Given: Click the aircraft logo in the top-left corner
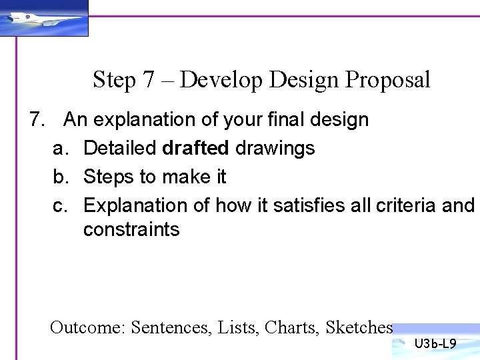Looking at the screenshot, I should click(43, 19).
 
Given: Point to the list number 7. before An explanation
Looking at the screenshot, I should click(38, 120).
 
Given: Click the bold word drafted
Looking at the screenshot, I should click(196, 148).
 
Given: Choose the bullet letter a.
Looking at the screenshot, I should click(60, 148).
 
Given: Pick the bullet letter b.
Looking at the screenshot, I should click(60, 177).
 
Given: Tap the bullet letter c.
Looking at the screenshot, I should click(60, 205).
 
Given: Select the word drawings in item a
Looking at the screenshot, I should click(275, 148).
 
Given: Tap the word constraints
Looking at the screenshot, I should click(131, 230).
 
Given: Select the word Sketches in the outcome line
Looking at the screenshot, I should click(359, 327).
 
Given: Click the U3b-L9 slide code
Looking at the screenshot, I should click(435, 345).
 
